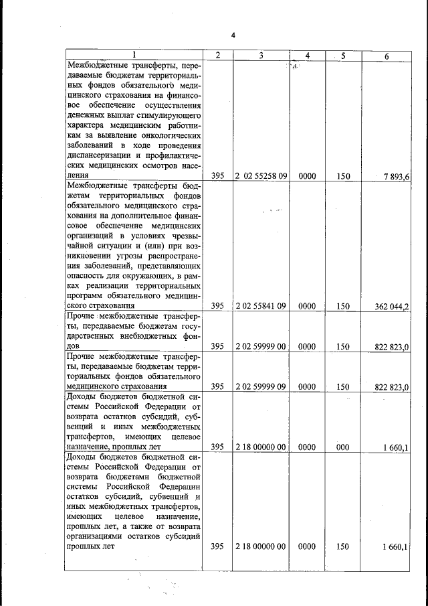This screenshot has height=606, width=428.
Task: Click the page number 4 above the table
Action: click(x=233, y=35)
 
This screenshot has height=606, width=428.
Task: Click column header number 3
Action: click(x=261, y=56)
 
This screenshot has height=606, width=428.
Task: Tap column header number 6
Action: click(x=386, y=56)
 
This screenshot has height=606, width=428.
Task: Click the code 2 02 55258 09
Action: click(x=261, y=175)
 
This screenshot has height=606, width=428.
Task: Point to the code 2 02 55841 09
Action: click(x=261, y=306)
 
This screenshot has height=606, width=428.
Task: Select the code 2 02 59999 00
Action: click(x=261, y=347)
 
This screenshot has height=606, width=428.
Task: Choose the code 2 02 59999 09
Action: click(x=261, y=387)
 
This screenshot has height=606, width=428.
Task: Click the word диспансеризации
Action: click(x=102, y=155)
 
